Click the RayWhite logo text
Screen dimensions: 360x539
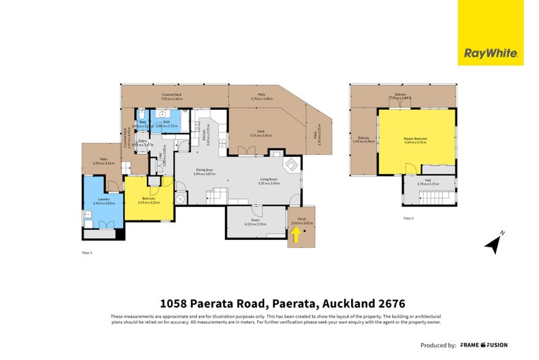(490, 53)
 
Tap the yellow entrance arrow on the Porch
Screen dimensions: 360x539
(296, 234)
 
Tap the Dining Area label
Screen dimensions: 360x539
(204, 171)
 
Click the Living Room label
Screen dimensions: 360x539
(269, 181)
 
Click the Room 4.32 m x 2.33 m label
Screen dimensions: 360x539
(255, 222)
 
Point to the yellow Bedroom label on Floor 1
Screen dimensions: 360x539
(148, 200)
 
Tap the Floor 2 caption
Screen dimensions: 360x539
(409, 218)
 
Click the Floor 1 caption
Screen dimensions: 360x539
(87, 252)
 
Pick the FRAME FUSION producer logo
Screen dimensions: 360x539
(484, 345)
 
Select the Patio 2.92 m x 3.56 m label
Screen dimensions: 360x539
(104, 162)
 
